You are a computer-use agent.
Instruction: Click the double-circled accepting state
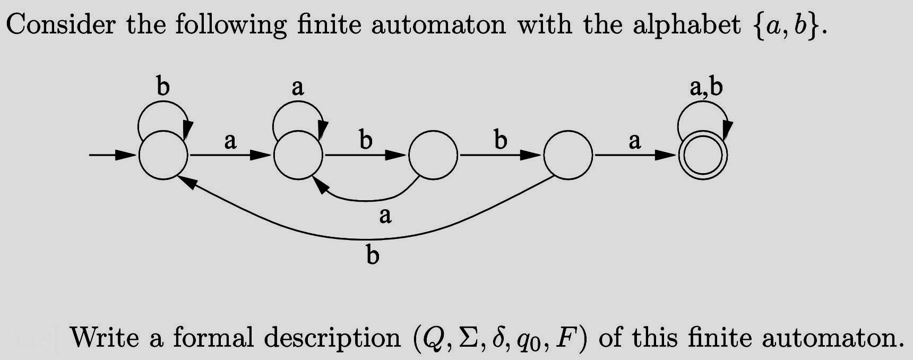coord(703,156)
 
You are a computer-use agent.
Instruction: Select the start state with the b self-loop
coord(163,156)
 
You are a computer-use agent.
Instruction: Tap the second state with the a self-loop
coord(298,156)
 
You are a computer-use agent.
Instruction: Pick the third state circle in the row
coord(433,156)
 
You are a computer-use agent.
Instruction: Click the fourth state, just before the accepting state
coord(568,156)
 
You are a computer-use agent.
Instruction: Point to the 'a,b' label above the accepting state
coord(706,88)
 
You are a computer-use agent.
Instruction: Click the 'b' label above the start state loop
coord(163,87)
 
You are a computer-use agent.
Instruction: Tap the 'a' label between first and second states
coord(230,142)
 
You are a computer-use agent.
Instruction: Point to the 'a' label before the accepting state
coord(635,142)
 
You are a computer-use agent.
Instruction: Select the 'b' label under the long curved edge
coord(373,256)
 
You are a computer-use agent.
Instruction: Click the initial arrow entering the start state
coord(112,155)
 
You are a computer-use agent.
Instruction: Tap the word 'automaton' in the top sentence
coord(438,25)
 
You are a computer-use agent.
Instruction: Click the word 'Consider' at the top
coord(60,25)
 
